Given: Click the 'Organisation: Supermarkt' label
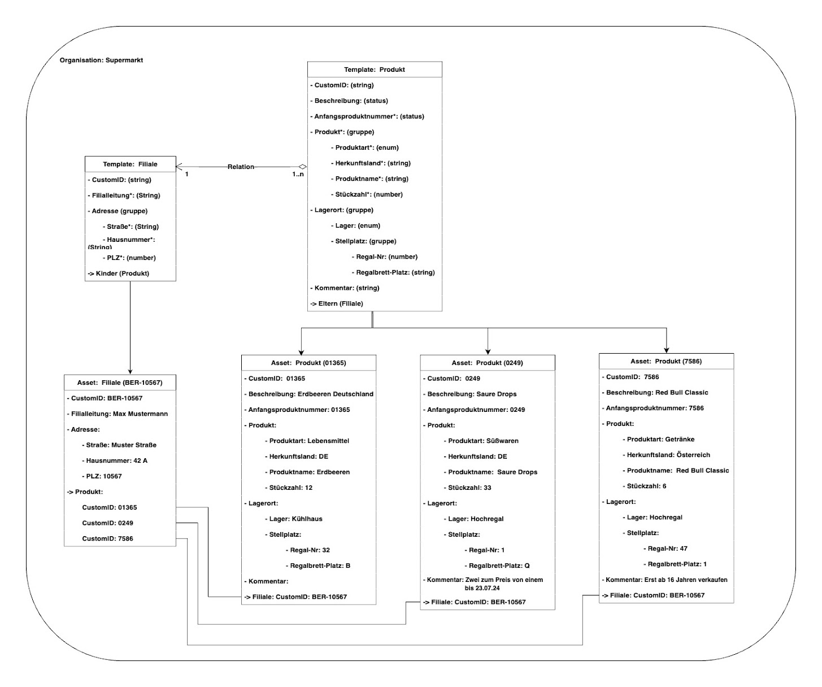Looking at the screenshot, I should tap(101, 60).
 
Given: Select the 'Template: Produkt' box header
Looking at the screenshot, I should tap(374, 69).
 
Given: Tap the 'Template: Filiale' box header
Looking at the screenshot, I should tap(130, 164).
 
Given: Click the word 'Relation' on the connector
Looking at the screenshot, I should tap(241, 167).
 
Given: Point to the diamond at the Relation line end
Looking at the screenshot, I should tap(303, 167).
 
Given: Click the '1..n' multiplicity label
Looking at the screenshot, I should tap(298, 175).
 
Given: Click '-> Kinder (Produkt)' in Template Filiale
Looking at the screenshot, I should tap(118, 273).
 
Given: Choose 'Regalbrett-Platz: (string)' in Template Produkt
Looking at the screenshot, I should tap(395, 272).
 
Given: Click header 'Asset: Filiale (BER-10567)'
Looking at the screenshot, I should tap(120, 382).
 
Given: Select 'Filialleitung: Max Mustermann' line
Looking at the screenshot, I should tap(119, 414).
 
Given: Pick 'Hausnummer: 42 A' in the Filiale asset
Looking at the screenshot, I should tap(116, 461).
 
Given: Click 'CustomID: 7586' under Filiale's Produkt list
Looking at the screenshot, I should tap(107, 539).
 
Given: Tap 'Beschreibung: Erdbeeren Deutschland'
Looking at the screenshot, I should tap(311, 394).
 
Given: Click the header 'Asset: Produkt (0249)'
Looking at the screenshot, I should tap(487, 363).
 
